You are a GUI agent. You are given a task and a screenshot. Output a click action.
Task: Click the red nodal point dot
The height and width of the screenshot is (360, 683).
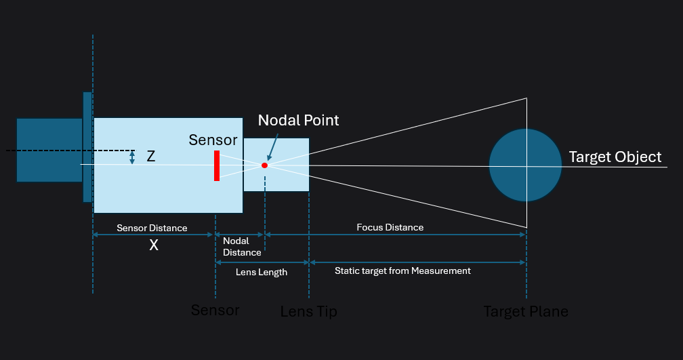tap(264, 165)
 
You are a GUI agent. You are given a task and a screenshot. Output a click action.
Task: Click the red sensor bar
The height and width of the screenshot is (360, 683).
tap(216, 165)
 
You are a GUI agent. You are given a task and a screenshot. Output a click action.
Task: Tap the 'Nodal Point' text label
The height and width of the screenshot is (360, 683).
tap(298, 120)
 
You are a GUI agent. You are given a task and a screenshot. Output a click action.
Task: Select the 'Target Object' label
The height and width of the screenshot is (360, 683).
tap(615, 157)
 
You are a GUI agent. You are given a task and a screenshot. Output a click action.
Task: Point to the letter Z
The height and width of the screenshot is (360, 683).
tap(150, 157)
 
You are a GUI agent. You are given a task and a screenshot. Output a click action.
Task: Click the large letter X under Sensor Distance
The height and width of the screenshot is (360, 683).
tap(154, 245)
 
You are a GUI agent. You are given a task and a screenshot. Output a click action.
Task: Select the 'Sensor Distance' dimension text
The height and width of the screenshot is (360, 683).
tap(152, 228)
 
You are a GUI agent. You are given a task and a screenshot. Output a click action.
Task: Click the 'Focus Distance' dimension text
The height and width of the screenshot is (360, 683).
tap(390, 227)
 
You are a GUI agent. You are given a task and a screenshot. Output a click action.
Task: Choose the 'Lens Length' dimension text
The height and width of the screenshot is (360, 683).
tap(262, 272)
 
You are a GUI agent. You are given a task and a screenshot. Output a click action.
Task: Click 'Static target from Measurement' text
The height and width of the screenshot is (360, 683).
tap(402, 271)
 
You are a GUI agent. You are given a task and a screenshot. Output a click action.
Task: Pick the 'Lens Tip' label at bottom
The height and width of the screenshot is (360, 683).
tap(308, 312)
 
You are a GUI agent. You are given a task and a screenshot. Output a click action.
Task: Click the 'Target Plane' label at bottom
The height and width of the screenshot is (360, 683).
tap(526, 312)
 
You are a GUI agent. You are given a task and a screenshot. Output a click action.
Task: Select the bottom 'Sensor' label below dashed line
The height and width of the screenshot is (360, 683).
tap(215, 311)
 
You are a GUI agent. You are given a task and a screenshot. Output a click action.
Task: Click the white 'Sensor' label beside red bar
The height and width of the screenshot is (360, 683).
tap(213, 140)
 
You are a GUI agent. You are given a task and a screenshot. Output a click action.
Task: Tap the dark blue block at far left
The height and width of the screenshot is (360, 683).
tap(49, 150)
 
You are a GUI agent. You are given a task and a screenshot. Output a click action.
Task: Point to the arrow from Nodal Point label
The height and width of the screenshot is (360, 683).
tap(272, 147)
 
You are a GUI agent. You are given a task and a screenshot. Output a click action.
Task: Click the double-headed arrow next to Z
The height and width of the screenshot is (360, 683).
tap(132, 157)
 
